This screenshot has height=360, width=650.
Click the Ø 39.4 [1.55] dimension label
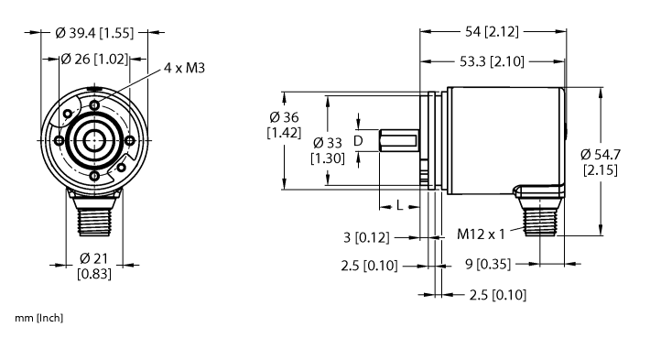[x=94, y=33]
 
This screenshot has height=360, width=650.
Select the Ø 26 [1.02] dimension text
[x=93, y=60]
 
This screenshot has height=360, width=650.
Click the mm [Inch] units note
[x=39, y=318]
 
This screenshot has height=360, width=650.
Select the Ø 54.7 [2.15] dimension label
[x=604, y=163]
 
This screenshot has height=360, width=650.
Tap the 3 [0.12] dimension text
[x=368, y=238]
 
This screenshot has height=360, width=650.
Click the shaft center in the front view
[x=94, y=140]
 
